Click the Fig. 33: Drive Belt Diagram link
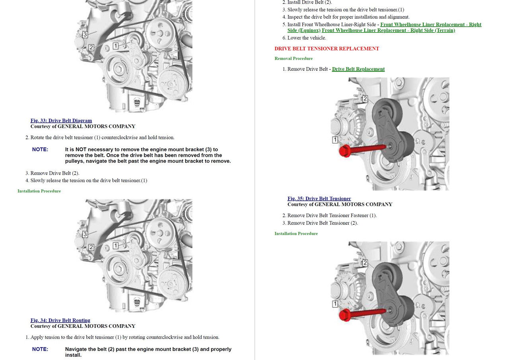pos(61,121)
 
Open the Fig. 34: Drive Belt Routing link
pos(60,320)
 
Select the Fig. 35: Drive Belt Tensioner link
pos(319,198)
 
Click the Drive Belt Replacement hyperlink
pos(358,69)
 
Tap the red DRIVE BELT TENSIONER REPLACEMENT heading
pos(327,49)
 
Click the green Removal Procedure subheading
pos(293,58)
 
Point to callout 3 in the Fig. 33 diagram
pos(85,35)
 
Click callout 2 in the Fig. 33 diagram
pos(91,47)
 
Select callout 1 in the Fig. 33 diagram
pos(116,46)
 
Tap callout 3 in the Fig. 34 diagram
pos(85,234)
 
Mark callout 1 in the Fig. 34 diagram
pos(116,246)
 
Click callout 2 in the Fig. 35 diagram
pos(365,99)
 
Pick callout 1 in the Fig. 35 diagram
pos(335,140)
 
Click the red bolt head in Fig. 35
pos(345,151)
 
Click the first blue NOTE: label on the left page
pos(40,149)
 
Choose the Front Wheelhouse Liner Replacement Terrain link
pos(389,30)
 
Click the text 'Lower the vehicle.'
pos(307,38)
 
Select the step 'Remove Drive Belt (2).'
pos(55,173)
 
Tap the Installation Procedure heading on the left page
pos(39,191)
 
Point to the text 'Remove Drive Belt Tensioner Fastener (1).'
pos(332,216)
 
